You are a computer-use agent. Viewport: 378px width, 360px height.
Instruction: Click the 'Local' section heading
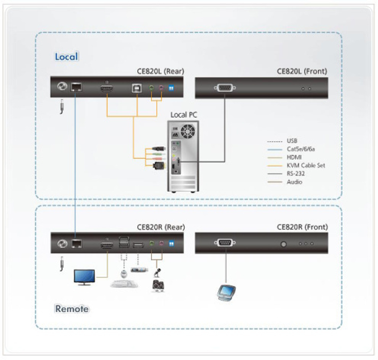point(67,57)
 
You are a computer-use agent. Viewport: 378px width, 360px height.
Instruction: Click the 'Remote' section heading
point(72,309)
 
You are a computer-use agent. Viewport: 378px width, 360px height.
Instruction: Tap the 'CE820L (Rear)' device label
point(161,71)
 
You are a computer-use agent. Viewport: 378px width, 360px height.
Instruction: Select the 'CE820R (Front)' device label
point(302,227)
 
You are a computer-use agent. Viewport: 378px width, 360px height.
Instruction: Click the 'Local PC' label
point(184,115)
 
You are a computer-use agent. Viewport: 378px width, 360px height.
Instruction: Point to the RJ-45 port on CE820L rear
point(76,87)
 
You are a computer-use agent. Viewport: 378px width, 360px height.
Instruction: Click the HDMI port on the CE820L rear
point(107,88)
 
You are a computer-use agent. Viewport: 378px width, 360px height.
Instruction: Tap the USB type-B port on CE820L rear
point(137,88)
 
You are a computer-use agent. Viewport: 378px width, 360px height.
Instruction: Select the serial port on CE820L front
point(225,88)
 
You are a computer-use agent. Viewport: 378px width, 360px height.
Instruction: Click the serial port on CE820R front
point(225,242)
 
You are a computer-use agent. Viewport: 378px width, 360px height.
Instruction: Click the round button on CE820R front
point(283,244)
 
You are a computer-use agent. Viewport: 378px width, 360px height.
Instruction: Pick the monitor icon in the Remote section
point(84,277)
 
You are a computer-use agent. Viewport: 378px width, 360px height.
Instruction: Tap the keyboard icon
point(124,284)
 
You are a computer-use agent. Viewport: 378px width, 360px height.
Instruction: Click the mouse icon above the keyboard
point(124,274)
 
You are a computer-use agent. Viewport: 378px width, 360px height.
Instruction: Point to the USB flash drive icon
point(139,270)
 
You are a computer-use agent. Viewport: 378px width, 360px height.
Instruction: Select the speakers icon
point(158,286)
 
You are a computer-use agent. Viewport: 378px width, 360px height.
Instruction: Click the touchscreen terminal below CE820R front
point(226,293)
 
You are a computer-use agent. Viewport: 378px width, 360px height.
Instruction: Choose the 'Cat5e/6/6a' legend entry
point(301,149)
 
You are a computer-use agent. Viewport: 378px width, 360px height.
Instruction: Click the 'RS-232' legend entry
point(296,174)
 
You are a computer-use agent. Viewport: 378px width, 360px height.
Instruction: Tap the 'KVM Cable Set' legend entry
point(306,165)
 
